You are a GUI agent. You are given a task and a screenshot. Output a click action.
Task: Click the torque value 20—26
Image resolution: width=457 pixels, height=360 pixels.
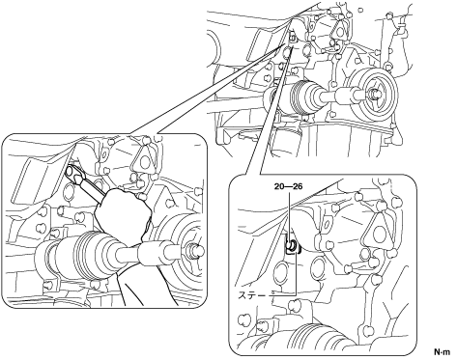(x=288, y=186)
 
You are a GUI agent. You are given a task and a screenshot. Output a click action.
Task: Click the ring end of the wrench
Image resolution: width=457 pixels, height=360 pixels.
(x=73, y=173)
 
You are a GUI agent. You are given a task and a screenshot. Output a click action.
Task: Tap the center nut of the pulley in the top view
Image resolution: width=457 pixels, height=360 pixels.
(x=372, y=93)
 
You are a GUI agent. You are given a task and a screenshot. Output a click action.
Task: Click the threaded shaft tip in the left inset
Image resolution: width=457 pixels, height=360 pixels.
(x=195, y=249)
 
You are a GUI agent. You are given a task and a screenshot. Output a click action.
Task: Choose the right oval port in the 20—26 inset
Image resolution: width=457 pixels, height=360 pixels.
(x=318, y=271)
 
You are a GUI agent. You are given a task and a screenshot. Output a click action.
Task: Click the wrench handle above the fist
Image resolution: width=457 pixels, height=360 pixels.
(x=92, y=190)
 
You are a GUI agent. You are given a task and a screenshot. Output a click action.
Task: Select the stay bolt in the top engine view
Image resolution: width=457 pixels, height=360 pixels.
(x=291, y=38)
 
